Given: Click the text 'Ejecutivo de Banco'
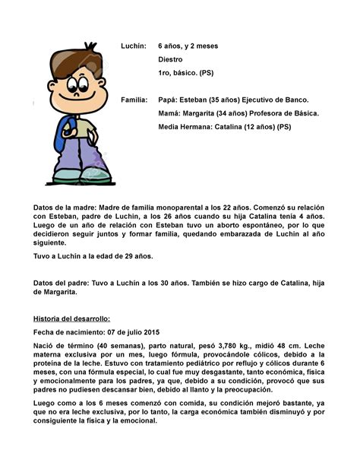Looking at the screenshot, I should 270,100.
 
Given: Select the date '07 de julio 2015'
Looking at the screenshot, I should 134,332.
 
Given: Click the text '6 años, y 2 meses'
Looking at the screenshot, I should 188,46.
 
